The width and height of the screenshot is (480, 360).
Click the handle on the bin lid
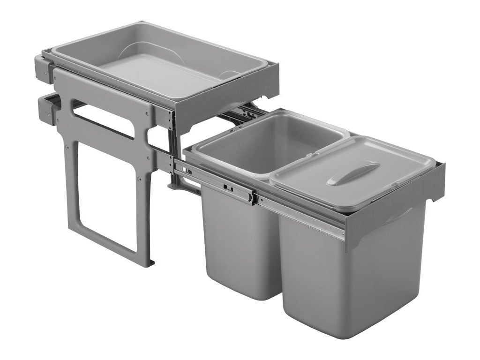click(x=352, y=173)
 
